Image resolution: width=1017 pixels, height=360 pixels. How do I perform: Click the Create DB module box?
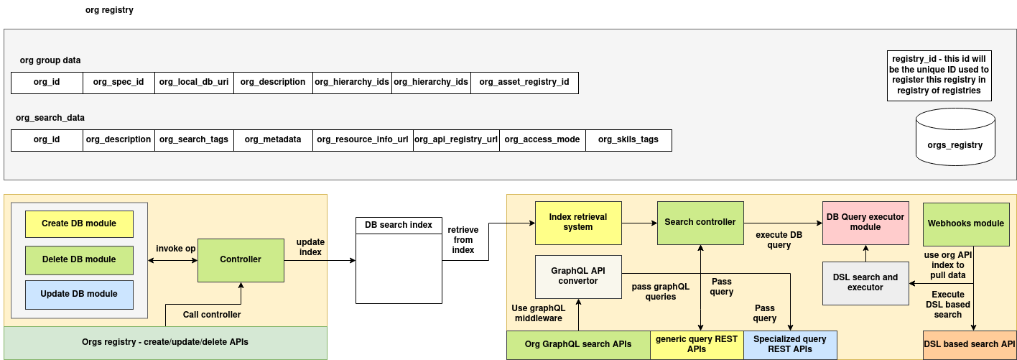[79, 223]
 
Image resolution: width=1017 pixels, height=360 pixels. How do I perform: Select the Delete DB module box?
[79, 259]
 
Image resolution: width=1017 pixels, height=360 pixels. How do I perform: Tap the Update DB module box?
[79, 294]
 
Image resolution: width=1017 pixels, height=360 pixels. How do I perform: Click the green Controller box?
[241, 259]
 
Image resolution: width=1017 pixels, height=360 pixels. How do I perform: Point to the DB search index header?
[399, 225]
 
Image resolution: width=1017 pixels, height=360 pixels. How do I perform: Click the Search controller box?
[700, 222]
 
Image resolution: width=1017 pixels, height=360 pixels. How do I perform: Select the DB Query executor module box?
[865, 222]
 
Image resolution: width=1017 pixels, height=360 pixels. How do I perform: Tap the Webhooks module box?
[966, 223]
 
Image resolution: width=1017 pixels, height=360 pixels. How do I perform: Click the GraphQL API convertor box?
[578, 276]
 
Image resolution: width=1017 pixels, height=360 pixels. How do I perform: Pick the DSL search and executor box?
[865, 282]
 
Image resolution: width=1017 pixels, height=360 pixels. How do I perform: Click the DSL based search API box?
[969, 344]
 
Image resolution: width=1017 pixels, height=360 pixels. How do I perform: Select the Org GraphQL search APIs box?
[578, 344]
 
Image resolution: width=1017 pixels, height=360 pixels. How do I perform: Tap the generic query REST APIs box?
[697, 344]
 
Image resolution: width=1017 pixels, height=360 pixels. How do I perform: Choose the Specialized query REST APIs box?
[790, 344]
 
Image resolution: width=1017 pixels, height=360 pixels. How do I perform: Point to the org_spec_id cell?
[119, 82]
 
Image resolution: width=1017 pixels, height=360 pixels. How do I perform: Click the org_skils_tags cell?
[628, 139]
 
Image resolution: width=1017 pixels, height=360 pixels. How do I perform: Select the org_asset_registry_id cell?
[524, 82]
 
